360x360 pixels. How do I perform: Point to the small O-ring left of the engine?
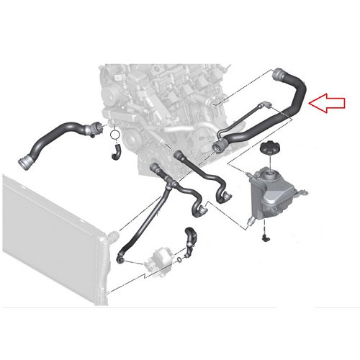[115, 134]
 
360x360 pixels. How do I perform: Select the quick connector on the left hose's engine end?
[91, 130]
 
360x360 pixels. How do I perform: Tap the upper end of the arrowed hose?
[279, 75]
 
